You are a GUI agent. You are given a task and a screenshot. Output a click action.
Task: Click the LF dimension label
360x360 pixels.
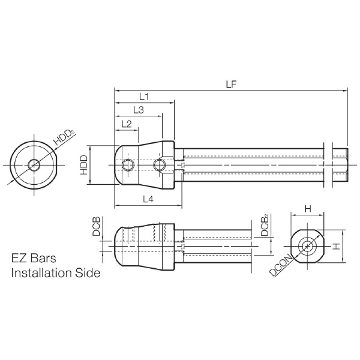(231, 85)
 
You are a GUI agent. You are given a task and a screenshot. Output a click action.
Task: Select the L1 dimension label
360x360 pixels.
(144, 97)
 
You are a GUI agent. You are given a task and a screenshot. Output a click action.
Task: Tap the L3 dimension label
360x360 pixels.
(139, 110)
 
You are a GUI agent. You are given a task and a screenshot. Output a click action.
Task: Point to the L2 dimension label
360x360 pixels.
(127, 124)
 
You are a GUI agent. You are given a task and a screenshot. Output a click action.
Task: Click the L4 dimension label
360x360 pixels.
(148, 199)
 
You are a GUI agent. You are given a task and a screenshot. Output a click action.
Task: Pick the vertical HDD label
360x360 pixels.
(84, 165)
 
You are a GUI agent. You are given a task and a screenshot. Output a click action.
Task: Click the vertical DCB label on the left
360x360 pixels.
(96, 226)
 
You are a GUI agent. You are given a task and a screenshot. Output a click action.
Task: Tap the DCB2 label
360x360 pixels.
(265, 225)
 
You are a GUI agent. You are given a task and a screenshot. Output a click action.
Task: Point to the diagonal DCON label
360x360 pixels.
(281, 265)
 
